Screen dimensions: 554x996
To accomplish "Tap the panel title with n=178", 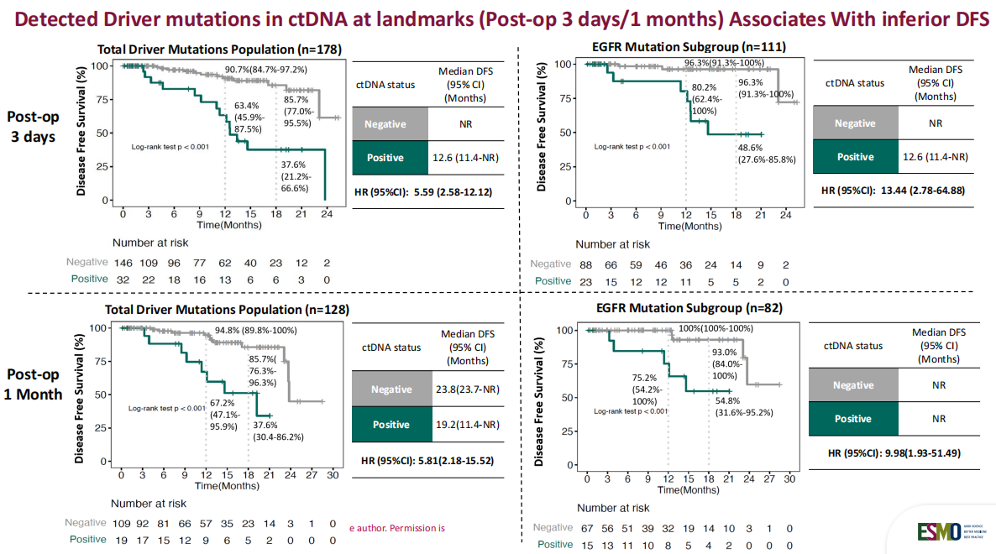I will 218,50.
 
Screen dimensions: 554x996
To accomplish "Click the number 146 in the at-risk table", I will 123,263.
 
